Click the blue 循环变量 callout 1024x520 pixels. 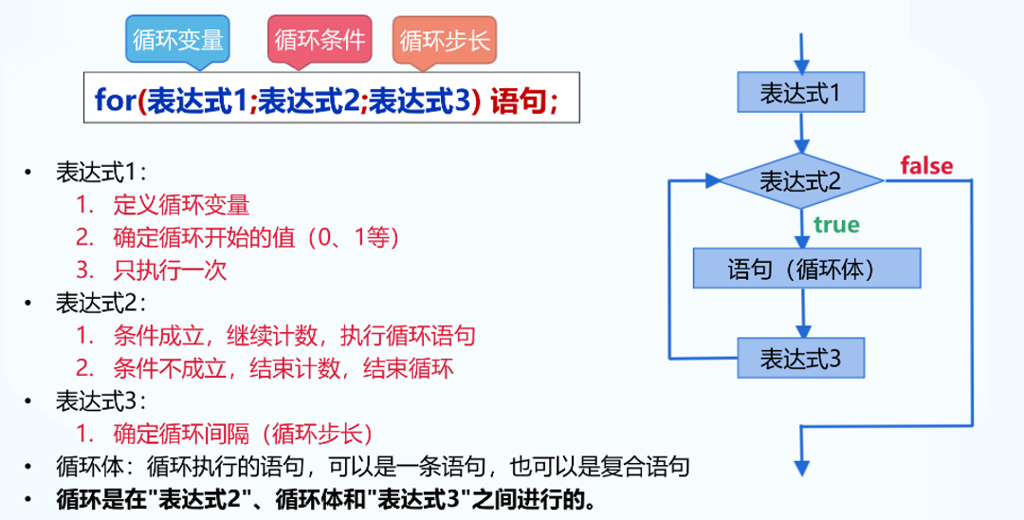[x=178, y=40]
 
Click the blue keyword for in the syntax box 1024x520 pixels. [x=116, y=99]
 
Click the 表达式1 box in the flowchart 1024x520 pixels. [x=801, y=93]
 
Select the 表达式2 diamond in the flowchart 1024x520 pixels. [x=801, y=180]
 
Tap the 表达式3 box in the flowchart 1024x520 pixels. [x=801, y=359]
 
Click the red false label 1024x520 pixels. [x=926, y=166]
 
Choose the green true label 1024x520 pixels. [x=834, y=225]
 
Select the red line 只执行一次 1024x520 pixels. [x=169, y=269]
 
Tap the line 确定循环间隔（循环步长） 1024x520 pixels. [x=242, y=434]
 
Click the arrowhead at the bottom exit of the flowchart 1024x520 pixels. [x=802, y=466]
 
